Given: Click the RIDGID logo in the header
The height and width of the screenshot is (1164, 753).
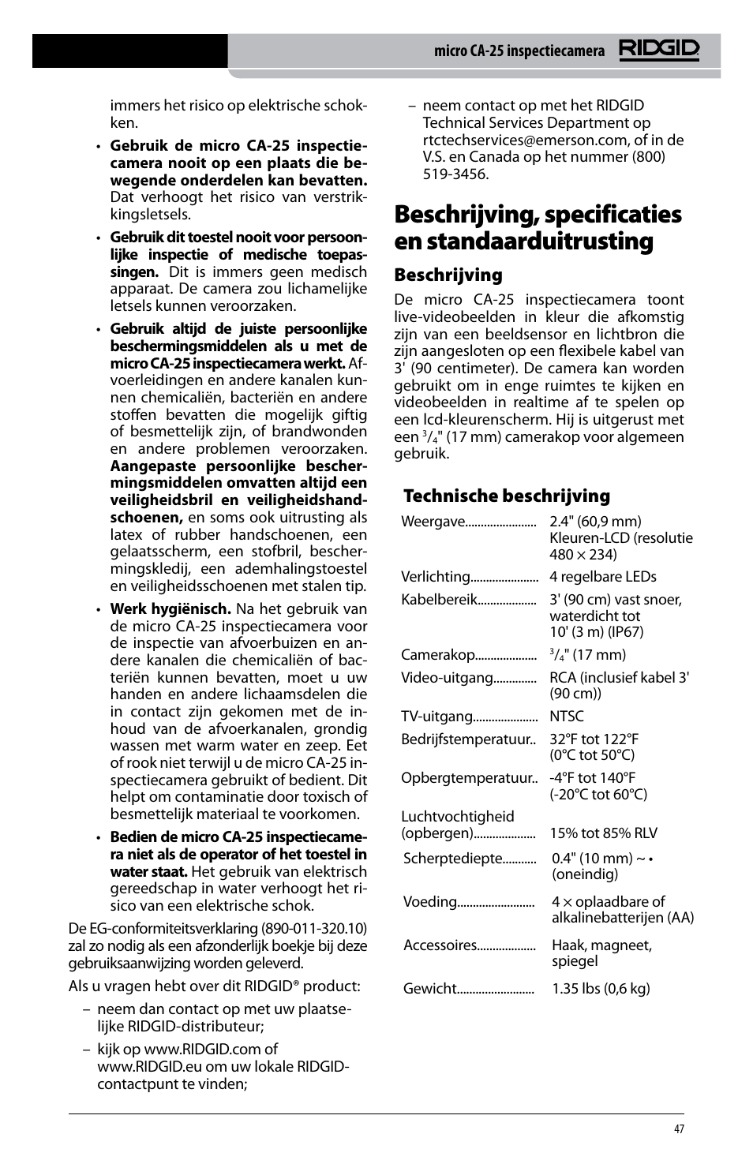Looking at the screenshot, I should (x=658, y=51).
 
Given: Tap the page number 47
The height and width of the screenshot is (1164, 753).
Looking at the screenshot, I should (x=679, y=1129).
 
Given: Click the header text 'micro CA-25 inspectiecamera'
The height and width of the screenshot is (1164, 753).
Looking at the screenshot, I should (x=519, y=51).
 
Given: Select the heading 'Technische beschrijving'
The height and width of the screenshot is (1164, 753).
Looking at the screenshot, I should (x=506, y=496).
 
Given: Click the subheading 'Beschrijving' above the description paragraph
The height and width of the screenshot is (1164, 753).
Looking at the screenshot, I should (x=448, y=275).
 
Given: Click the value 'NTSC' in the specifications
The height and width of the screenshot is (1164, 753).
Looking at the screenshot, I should (x=567, y=717).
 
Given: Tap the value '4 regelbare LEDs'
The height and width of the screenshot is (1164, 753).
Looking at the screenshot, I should (x=602, y=577).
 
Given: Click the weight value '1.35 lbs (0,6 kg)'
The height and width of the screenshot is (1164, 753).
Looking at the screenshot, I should (x=601, y=989).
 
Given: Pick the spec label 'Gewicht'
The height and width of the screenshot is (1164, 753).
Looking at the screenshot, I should (x=430, y=989).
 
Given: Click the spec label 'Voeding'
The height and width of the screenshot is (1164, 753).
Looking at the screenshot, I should (x=430, y=902).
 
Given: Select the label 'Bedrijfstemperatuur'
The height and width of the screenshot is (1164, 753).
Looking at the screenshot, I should (x=465, y=739).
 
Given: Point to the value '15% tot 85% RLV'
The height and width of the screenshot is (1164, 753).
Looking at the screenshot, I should (x=603, y=833).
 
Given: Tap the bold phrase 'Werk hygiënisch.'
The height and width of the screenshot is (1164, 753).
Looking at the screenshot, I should (x=170, y=608).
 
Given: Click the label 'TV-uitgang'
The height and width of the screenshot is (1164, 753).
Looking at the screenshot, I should (x=436, y=717).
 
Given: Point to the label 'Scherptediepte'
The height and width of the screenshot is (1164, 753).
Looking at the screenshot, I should (x=453, y=859).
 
